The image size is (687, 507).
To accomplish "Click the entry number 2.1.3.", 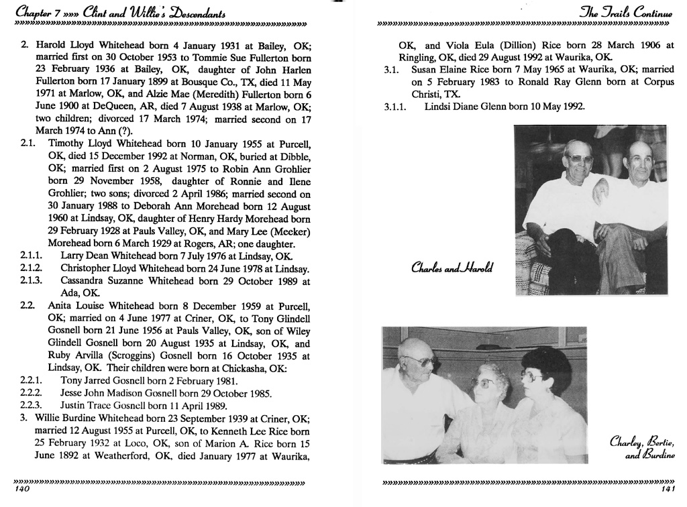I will tap(32, 280).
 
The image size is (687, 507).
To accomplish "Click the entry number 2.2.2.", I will tap(32, 393).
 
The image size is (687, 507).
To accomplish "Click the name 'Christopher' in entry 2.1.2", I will tap(89, 268).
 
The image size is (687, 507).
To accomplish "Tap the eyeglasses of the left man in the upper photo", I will tap(579, 158).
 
